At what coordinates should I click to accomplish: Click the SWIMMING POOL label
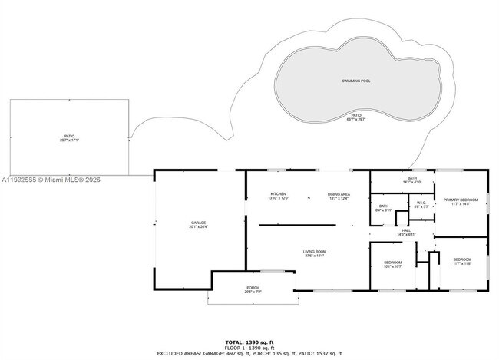(x=355, y=81)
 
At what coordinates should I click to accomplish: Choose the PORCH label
(x=253, y=289)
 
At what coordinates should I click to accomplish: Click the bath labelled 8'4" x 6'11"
(x=384, y=207)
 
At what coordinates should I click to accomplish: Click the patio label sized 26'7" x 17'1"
(x=70, y=138)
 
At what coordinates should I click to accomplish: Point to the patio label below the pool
(x=355, y=117)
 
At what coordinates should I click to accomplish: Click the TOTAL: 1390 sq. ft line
(x=249, y=342)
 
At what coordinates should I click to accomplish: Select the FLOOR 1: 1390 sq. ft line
(x=249, y=347)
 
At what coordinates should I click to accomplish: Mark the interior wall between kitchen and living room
(x=297, y=225)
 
